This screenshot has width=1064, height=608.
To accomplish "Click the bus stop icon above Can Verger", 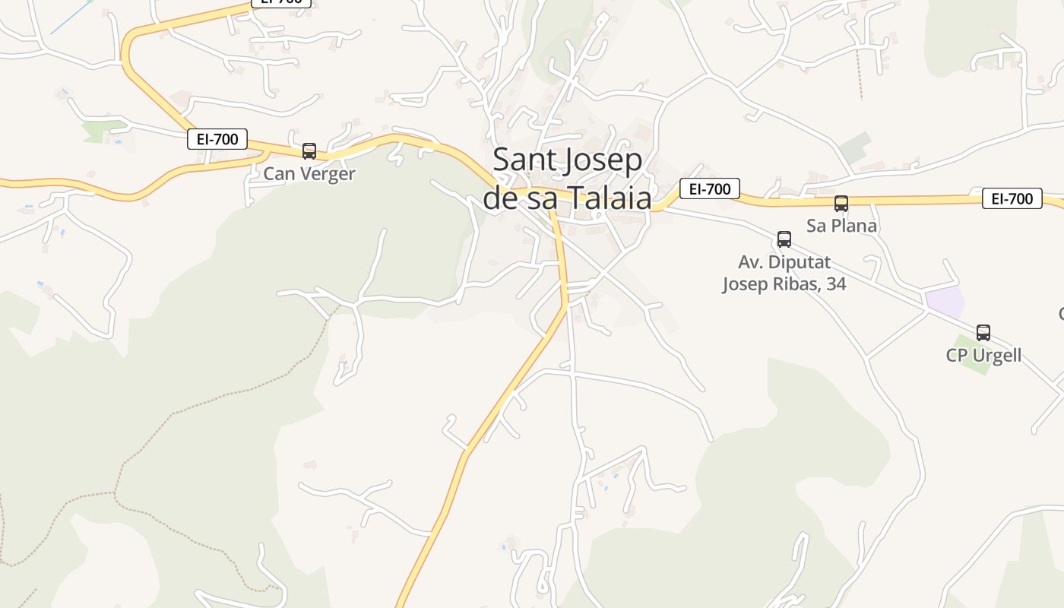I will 309,151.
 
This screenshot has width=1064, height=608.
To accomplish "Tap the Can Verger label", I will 309,174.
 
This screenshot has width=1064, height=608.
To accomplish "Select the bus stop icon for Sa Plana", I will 841,204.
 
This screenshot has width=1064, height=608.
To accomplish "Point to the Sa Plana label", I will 841,226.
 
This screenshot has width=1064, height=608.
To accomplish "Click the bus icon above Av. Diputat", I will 784,239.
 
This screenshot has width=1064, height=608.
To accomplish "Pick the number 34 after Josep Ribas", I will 834,284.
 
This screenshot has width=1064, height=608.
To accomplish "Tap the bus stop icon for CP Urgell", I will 983,333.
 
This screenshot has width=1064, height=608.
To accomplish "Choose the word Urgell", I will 996,355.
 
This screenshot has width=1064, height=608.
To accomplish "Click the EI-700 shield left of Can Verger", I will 217,139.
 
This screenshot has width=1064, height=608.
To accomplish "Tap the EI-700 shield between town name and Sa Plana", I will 709,188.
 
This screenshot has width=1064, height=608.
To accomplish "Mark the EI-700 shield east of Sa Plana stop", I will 1012,198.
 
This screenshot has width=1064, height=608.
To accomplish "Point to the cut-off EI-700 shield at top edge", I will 280,2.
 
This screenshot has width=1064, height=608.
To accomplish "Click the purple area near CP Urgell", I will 945,302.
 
